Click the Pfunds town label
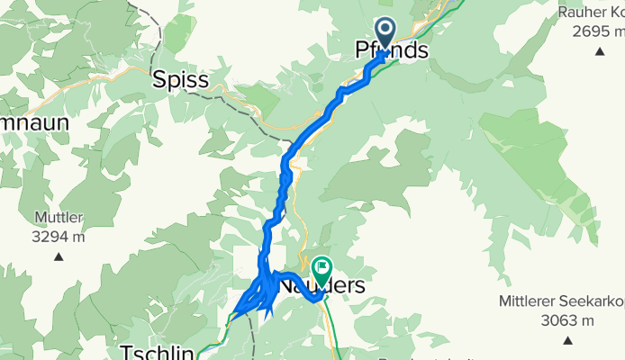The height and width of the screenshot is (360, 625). pos(392,51)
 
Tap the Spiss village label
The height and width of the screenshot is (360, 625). pos(180,80)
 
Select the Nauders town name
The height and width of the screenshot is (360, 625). pos(322,286)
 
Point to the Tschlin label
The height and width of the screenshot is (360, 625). pos(158,352)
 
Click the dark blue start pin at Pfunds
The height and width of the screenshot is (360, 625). pos(385,34)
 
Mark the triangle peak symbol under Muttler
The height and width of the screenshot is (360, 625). pos(59,256)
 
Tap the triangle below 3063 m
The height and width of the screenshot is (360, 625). pos(567,340)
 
